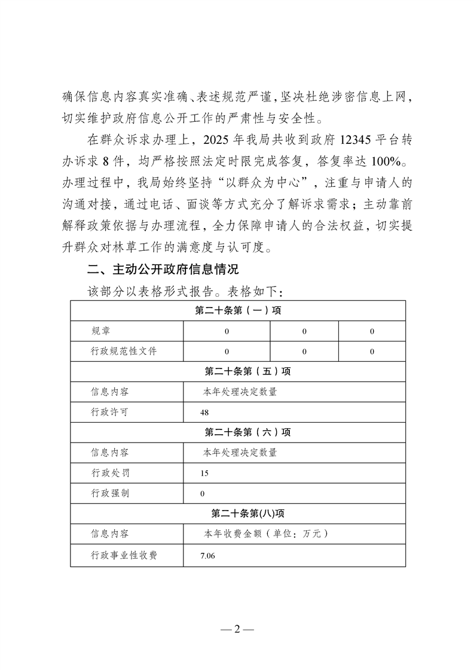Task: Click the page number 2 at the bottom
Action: (x=237, y=630)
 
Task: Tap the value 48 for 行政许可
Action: (x=204, y=413)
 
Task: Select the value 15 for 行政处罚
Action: (x=204, y=474)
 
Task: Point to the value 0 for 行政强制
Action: (x=203, y=494)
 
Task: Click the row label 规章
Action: (x=100, y=331)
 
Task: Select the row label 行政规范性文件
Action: (x=124, y=352)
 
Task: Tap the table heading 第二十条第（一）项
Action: (x=238, y=311)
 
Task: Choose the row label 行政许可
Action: (x=109, y=412)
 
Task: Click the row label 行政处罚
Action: (x=109, y=473)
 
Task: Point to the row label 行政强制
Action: (x=109, y=493)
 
